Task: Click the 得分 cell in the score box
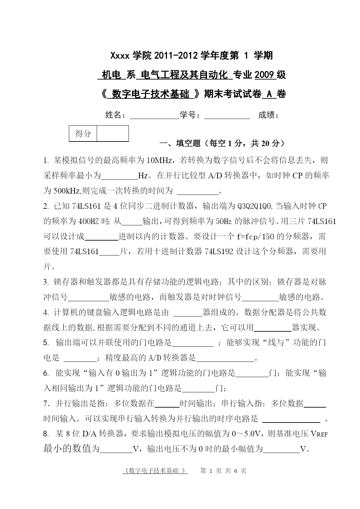click(x=83, y=134)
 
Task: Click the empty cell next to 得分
click(x=113, y=134)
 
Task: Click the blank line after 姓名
click(x=154, y=116)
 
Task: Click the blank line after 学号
click(x=227, y=116)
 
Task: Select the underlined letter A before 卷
click(x=269, y=94)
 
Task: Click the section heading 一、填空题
click(x=180, y=143)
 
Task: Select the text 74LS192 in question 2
click(x=219, y=252)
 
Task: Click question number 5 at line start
click(x=46, y=343)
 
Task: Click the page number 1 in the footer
click(x=211, y=471)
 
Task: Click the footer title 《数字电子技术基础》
click(x=155, y=471)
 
